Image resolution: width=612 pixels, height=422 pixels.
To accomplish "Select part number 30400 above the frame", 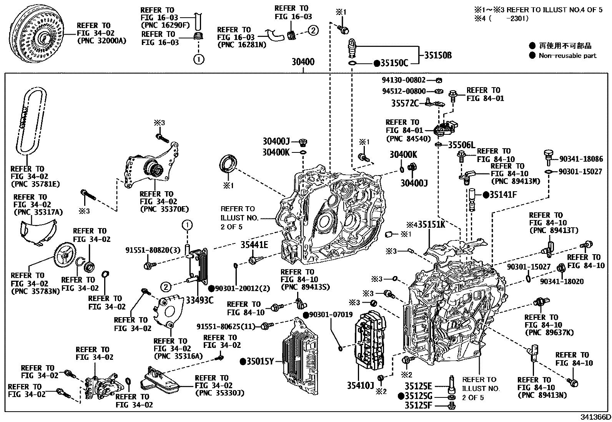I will (x=303, y=62).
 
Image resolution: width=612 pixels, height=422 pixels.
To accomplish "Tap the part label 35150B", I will (x=438, y=55).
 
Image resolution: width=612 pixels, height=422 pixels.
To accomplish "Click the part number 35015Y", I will (x=259, y=361).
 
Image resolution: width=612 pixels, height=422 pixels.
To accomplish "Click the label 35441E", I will (x=254, y=245).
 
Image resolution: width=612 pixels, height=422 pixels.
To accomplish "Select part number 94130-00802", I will (x=404, y=80).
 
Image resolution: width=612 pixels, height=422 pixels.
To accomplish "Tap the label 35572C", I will (x=405, y=103).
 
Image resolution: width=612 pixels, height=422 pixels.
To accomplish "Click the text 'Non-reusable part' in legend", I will (x=567, y=56).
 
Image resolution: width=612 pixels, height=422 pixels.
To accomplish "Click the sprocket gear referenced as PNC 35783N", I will (x=65, y=254).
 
